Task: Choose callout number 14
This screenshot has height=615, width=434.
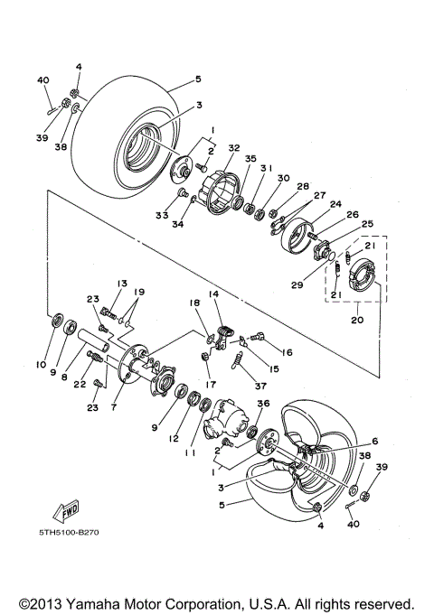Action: [x=213, y=294]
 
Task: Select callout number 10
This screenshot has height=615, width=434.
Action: [x=40, y=365]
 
